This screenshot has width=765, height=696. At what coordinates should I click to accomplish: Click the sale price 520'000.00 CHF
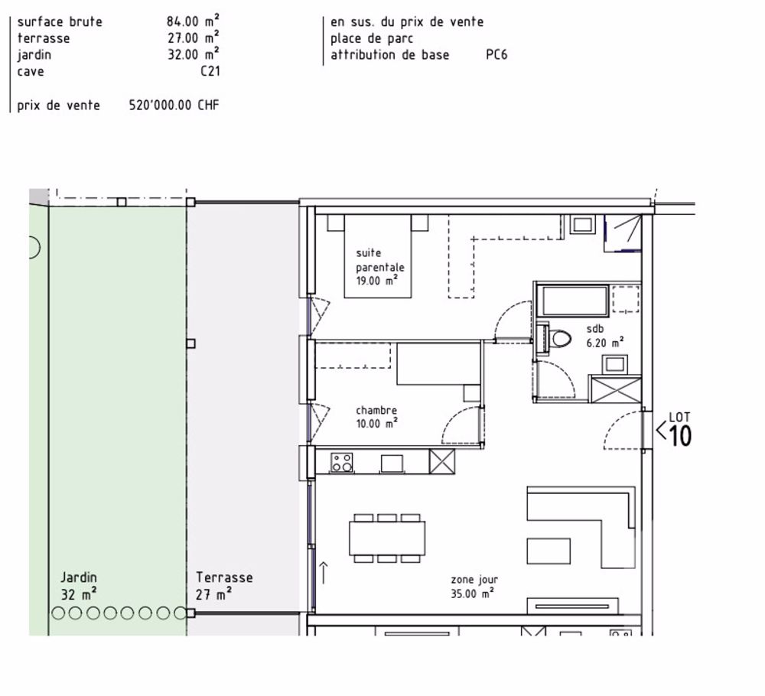[x=174, y=106]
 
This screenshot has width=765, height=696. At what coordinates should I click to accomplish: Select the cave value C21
[x=207, y=72]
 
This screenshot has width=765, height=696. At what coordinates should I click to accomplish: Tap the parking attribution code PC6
[x=496, y=55]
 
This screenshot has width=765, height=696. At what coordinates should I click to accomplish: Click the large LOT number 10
[x=680, y=436]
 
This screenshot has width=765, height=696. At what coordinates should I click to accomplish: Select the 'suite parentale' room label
[x=379, y=266]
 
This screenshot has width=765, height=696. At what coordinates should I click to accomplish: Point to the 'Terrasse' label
[x=223, y=578]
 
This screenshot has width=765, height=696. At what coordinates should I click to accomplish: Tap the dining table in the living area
[x=388, y=538]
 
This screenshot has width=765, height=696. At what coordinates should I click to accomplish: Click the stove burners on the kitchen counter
[x=341, y=462]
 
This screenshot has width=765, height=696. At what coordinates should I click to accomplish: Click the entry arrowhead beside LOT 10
[x=660, y=431]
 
